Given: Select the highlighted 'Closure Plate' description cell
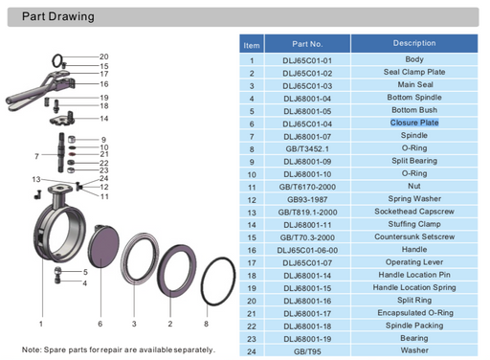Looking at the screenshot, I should click(x=413, y=123).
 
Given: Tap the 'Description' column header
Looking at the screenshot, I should click(x=413, y=43).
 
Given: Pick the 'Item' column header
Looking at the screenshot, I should click(x=252, y=44).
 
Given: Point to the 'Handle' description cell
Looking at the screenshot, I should click(x=413, y=248).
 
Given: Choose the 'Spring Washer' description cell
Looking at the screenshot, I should click(x=413, y=198).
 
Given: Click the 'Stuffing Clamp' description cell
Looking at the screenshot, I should click(x=413, y=223).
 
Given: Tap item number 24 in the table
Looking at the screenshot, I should click(x=252, y=349).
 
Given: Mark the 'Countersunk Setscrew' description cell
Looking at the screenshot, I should click(x=413, y=236).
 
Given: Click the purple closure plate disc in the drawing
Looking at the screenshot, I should click(x=102, y=255).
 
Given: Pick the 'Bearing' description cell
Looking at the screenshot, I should click(x=413, y=337).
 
